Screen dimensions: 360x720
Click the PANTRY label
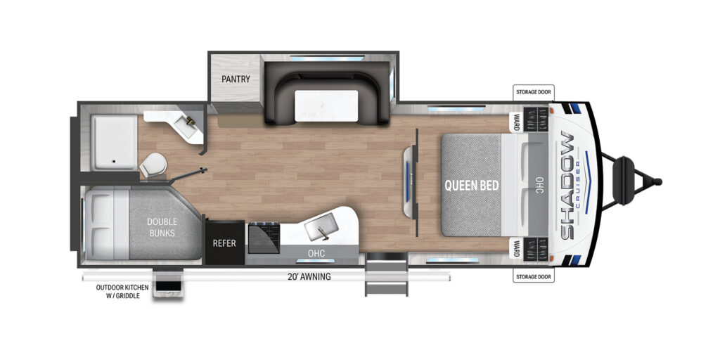coord(236,79)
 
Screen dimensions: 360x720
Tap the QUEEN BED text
coord(471,186)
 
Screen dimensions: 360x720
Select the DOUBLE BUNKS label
coord(161,226)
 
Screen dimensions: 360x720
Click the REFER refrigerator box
coord(224,243)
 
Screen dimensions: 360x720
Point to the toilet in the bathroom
coord(153,166)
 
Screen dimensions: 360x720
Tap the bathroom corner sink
coord(189,127)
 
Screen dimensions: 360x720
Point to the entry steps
coord(386,276)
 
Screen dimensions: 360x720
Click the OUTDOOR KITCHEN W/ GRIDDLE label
coord(118,291)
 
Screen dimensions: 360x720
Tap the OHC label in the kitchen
coord(316,252)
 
